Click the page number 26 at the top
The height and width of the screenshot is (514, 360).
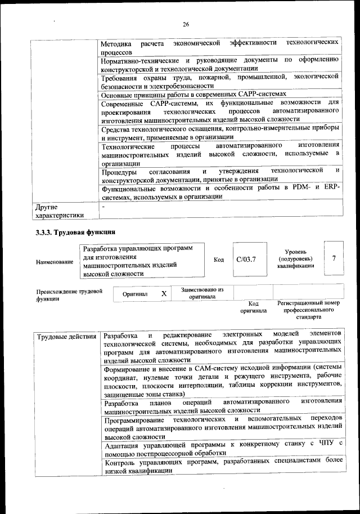(186, 24)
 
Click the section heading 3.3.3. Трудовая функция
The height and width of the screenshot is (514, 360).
(75, 233)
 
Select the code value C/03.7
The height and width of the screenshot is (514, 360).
(246, 260)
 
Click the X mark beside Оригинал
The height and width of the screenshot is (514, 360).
(164, 293)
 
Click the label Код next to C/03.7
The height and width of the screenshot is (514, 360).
(219, 260)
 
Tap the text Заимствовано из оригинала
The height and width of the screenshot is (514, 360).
(202, 293)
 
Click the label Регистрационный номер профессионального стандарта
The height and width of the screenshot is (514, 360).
(309, 310)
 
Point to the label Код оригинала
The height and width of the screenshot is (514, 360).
(253, 307)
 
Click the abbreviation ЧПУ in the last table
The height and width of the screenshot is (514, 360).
(325, 445)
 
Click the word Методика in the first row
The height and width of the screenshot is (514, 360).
(116, 43)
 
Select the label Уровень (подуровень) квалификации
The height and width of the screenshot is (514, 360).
(295, 258)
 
